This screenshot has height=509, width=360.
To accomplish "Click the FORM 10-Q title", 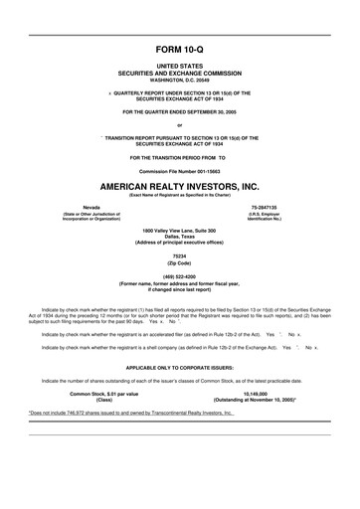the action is (x=179, y=48).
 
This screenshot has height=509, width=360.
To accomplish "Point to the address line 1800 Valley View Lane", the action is (x=179, y=230).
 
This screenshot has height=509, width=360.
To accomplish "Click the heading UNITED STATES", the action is (x=179, y=68).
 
